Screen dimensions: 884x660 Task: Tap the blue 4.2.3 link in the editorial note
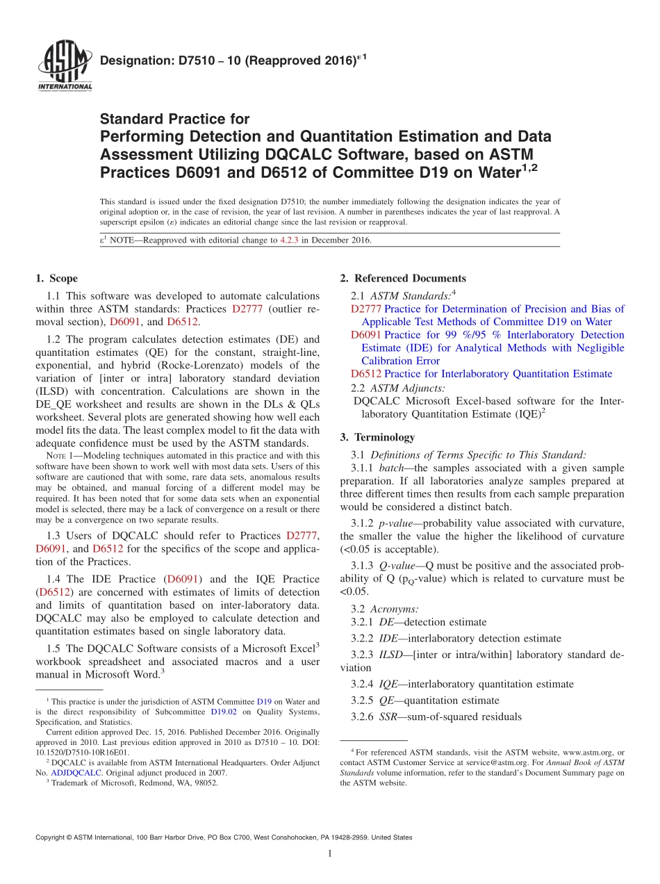[x=289, y=240]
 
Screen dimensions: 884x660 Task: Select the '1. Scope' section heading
[x=56, y=279]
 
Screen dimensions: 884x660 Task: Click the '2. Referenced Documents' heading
[x=403, y=279]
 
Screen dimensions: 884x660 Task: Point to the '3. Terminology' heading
[x=377, y=437]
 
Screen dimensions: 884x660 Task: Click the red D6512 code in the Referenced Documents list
[x=366, y=374]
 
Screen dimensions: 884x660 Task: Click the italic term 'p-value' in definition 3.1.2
[x=398, y=523]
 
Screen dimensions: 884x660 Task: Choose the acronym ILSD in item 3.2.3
[x=392, y=655]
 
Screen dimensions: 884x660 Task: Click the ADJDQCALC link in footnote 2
[x=79, y=772]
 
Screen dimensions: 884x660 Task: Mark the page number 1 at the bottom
[x=329, y=854]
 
